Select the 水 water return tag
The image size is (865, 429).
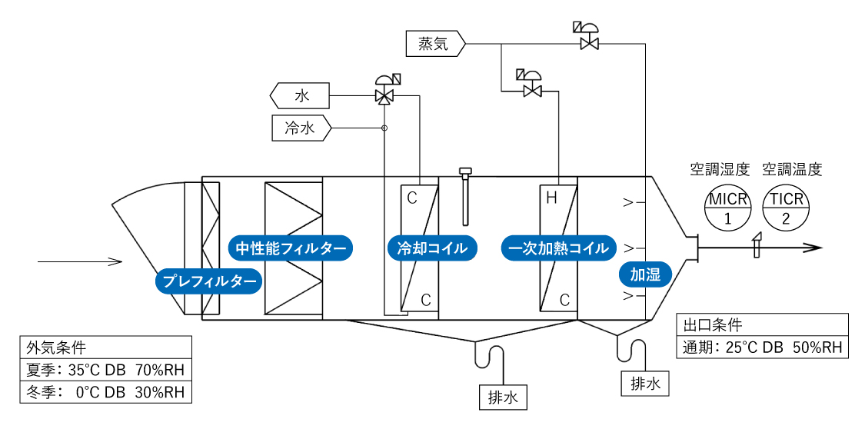coord(300,96)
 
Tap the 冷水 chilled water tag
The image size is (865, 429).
coord(301,128)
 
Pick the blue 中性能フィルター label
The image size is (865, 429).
coord(291,248)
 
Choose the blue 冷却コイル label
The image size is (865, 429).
coord(431,248)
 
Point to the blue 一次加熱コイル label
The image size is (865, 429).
coord(558,248)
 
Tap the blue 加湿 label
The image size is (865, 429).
coord(645,274)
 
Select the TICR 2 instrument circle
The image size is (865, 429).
coord(785,208)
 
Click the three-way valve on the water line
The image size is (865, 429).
coord(384,95)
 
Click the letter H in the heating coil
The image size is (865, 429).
coord(551,198)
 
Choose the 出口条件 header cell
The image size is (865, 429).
coord(762,324)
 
